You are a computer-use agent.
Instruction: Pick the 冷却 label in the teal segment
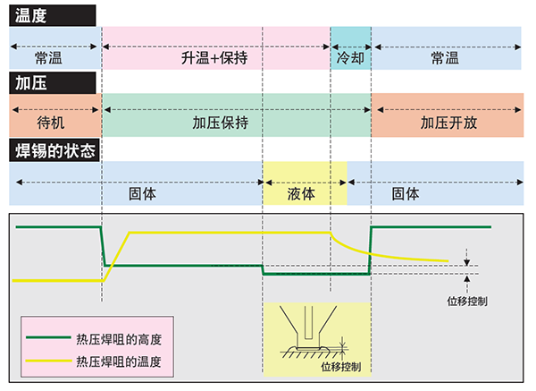click(350, 58)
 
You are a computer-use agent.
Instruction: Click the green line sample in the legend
click(50, 340)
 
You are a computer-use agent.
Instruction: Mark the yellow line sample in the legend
click(50, 361)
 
